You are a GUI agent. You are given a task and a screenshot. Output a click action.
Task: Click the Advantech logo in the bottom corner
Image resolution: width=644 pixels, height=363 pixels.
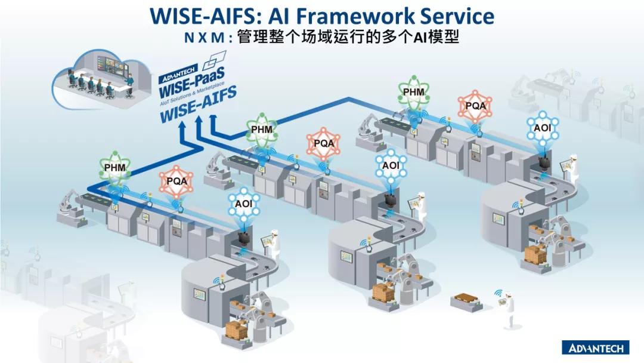(x=597, y=347)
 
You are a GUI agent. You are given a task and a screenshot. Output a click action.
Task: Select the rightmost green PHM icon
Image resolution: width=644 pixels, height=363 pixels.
(x=413, y=93)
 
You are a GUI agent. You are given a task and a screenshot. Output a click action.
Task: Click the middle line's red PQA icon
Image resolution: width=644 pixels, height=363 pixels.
(x=324, y=144)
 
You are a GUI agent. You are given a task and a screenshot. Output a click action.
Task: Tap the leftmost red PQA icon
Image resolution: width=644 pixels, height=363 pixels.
(x=177, y=181)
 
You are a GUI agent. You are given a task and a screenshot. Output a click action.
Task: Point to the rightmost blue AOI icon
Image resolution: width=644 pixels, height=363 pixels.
(x=542, y=127)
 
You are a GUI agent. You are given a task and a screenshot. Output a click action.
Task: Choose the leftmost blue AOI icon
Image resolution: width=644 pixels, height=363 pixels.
(x=243, y=204)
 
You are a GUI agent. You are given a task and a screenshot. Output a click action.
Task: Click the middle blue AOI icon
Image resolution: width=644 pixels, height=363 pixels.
(x=391, y=165)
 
